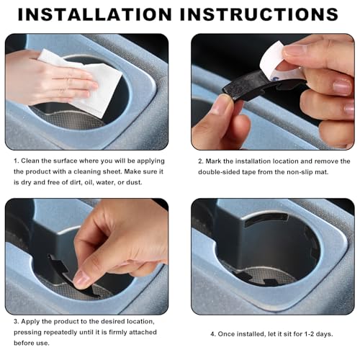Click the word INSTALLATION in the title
point(95,14)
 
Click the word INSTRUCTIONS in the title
point(259,14)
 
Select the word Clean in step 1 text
point(30,161)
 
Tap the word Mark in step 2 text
point(213,161)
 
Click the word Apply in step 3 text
point(30,322)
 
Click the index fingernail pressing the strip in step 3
point(81,279)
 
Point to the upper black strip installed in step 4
point(266,220)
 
